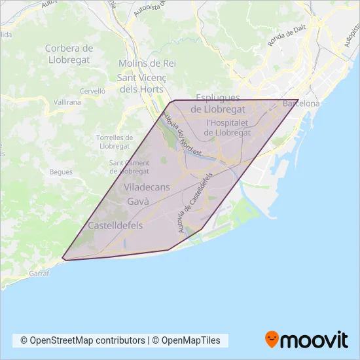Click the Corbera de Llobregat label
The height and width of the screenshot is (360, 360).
[x=69, y=53]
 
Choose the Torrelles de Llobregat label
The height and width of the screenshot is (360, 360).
[x=115, y=142]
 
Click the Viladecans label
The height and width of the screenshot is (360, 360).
[x=147, y=187]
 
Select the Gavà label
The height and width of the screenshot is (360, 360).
[x=138, y=202]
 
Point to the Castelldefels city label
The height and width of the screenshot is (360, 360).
[x=115, y=225]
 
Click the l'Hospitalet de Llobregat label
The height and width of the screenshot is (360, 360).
[x=228, y=127]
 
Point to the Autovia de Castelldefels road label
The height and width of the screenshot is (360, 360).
[x=196, y=204]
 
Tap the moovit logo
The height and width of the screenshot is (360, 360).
[x=306, y=340]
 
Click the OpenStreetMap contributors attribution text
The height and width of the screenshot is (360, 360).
[x=83, y=340]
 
